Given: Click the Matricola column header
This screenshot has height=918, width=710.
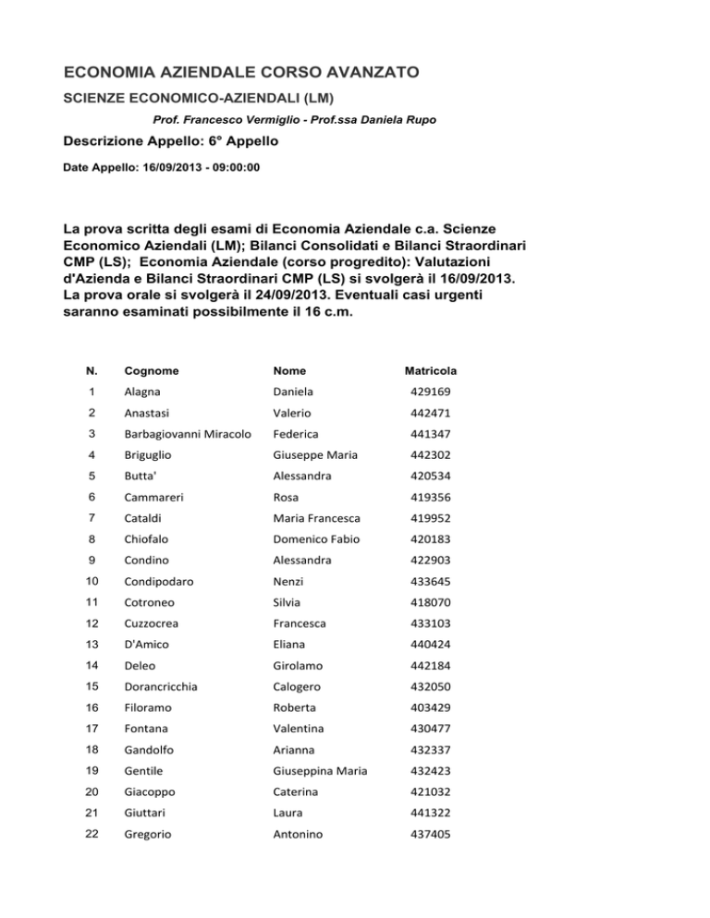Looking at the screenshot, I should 430,370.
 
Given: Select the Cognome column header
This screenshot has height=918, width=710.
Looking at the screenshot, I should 153,370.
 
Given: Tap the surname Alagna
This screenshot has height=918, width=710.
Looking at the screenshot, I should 145,393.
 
